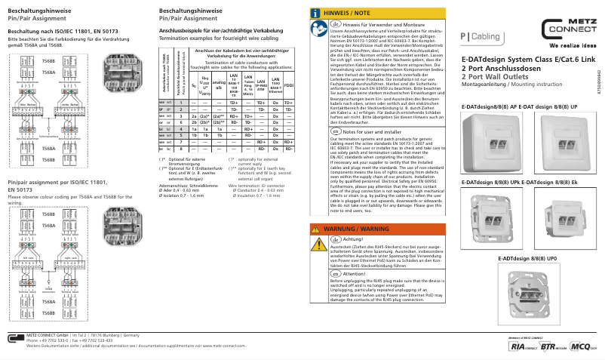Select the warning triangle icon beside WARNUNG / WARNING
click(316, 227)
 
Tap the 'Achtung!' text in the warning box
click(353, 238)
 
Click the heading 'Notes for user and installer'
click(369, 131)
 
